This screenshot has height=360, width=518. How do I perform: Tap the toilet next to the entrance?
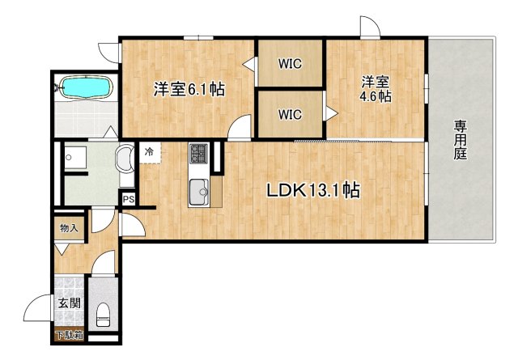coord(102,313)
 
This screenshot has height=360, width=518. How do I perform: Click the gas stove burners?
coord(199,154)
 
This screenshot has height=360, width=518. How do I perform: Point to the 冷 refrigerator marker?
coord(150,151)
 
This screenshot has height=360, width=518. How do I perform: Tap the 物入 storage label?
coord(69,227)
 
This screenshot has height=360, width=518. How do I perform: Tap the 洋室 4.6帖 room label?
coord(375,88)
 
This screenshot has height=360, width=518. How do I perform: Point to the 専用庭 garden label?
coord(461,140)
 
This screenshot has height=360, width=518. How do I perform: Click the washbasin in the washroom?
coord(125,159)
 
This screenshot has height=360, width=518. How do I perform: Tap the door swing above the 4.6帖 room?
coord(369,27)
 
